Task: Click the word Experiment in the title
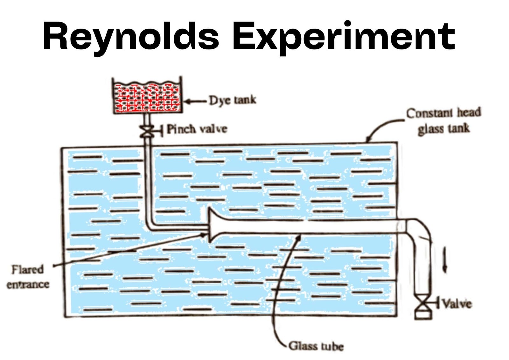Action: coord(344,37)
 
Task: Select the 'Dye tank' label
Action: coord(232,100)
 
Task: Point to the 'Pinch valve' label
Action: coord(197,129)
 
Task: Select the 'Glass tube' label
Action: coord(316,346)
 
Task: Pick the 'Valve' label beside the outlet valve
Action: coord(457,304)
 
